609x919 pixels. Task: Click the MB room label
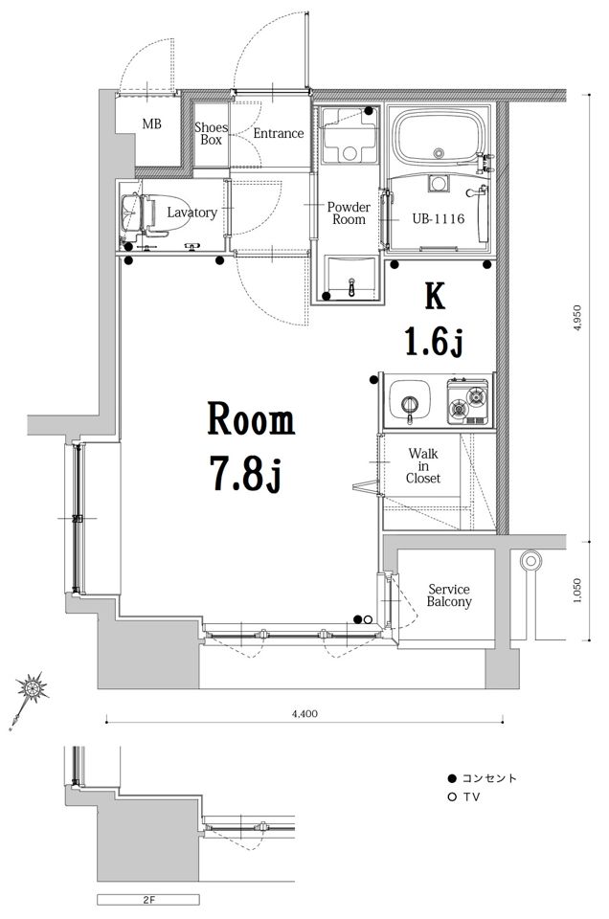click(x=151, y=124)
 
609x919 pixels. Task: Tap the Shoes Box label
click(x=211, y=134)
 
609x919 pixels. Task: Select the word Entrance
click(x=279, y=134)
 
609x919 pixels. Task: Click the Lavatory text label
click(x=192, y=213)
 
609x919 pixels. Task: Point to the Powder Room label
click(x=349, y=213)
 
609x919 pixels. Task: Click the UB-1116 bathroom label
click(x=438, y=218)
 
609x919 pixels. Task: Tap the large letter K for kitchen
click(x=435, y=296)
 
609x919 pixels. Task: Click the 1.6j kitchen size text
click(x=435, y=343)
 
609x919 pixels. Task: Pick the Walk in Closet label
click(x=423, y=466)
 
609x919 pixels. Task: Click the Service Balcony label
click(x=449, y=595)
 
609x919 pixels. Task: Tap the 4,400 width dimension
click(x=304, y=713)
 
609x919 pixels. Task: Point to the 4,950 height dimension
click(x=577, y=318)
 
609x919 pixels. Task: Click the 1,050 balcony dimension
click(x=577, y=592)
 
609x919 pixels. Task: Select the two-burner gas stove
click(x=467, y=401)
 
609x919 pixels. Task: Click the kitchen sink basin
click(x=410, y=399)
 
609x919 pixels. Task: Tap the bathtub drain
click(x=439, y=153)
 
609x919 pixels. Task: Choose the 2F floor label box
click(x=148, y=900)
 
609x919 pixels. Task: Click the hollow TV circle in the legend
click(x=451, y=797)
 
